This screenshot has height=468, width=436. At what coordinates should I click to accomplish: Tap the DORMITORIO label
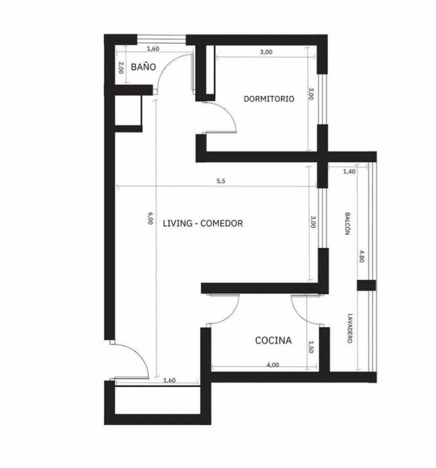pyautogui.click(x=269, y=99)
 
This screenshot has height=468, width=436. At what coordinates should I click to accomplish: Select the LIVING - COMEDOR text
pyautogui.click(x=203, y=223)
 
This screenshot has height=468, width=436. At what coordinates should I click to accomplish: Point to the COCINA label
pyautogui.click(x=273, y=341)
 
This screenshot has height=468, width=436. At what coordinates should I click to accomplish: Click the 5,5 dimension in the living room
pyautogui.click(x=221, y=181)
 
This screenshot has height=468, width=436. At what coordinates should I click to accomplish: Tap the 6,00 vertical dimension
pyautogui.click(x=150, y=218)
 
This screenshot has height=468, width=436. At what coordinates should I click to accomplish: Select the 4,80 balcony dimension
pyautogui.click(x=362, y=256)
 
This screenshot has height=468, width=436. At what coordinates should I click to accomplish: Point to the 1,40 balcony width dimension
pyautogui.click(x=349, y=172)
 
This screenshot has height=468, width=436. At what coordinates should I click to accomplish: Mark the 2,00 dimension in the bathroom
pyautogui.click(x=121, y=67)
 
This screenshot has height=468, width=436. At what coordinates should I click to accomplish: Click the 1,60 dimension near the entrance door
pyautogui.click(x=169, y=380)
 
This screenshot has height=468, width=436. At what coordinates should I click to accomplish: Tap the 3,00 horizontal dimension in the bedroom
pyautogui.click(x=266, y=52)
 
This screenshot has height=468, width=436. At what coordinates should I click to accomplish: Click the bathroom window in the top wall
pyautogui.click(x=161, y=40)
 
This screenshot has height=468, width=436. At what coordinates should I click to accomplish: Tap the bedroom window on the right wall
pyautogui.click(x=322, y=99)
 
